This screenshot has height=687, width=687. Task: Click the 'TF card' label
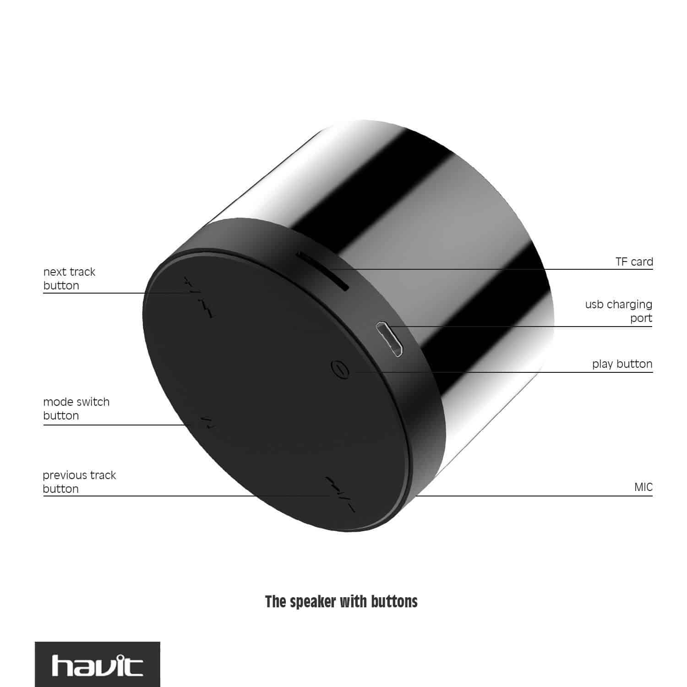coord(634,262)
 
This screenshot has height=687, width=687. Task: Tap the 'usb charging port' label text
coord(619,311)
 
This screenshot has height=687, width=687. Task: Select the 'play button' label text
coord(622,364)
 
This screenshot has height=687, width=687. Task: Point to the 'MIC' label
coord(643,487)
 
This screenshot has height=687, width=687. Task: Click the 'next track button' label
coord(69,278)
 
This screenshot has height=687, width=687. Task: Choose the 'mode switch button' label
coord(76,409)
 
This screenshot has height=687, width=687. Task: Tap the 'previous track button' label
coord(79,482)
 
